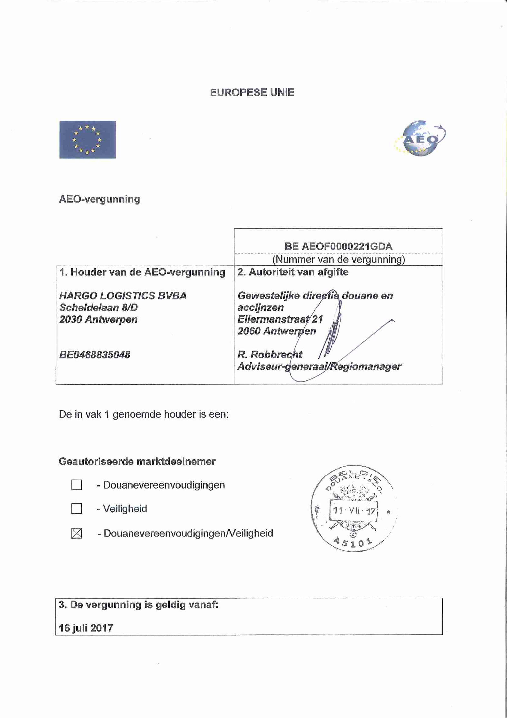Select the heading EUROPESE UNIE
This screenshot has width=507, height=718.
click(x=252, y=93)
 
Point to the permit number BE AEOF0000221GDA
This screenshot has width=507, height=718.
click(x=338, y=246)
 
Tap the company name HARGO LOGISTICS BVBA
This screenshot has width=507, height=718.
click(x=123, y=296)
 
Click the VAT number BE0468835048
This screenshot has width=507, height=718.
click(x=95, y=355)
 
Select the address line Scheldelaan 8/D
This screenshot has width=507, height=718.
click(x=98, y=308)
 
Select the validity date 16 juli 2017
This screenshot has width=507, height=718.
click(x=86, y=628)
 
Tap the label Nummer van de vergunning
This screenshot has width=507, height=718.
click(x=338, y=260)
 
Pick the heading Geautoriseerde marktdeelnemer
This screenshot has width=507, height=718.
click(x=137, y=462)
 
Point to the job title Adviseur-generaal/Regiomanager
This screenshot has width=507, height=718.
click(x=319, y=367)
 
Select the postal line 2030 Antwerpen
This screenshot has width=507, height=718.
click(x=98, y=319)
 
